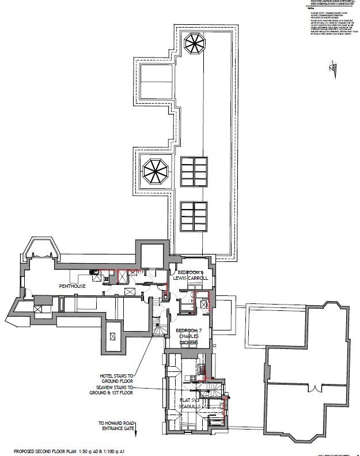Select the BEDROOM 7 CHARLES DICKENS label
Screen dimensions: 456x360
pyautogui.click(x=188, y=336)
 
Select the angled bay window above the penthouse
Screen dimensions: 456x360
pyautogui.click(x=41, y=248)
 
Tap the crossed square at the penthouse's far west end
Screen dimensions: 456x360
pyautogui.click(x=38, y=309)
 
